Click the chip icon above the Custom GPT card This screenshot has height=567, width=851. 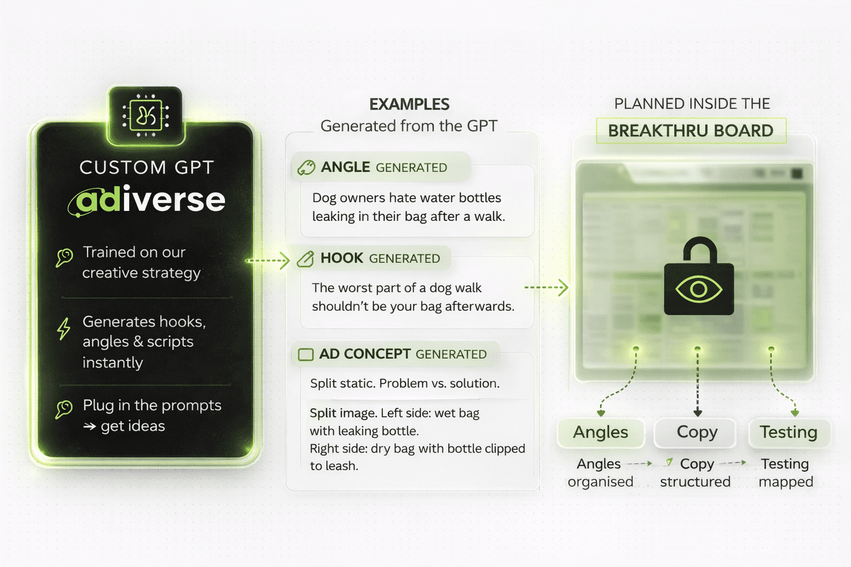(145, 116)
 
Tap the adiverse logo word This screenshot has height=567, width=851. (148, 200)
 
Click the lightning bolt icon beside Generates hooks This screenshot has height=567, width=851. (64, 328)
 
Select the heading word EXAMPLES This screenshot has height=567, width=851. (409, 104)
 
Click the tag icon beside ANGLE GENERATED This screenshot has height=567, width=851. (306, 167)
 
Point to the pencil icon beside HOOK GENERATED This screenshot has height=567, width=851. (305, 259)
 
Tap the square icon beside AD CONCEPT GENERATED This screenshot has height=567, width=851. (306, 354)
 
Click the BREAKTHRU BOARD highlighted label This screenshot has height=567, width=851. (690, 131)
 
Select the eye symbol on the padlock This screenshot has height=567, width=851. (699, 289)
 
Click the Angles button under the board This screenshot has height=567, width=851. (601, 432)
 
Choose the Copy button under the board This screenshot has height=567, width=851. (696, 432)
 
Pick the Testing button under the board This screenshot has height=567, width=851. (788, 432)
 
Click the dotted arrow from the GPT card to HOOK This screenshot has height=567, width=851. (268, 260)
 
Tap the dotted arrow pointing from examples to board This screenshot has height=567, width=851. (546, 287)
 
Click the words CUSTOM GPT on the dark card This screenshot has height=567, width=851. (146, 167)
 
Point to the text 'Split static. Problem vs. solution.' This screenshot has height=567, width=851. (404, 383)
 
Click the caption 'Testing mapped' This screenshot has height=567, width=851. (785, 472)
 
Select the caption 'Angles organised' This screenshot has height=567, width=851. (600, 472)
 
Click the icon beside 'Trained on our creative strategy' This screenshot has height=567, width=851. (64, 257)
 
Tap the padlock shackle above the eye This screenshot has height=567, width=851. (699, 249)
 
